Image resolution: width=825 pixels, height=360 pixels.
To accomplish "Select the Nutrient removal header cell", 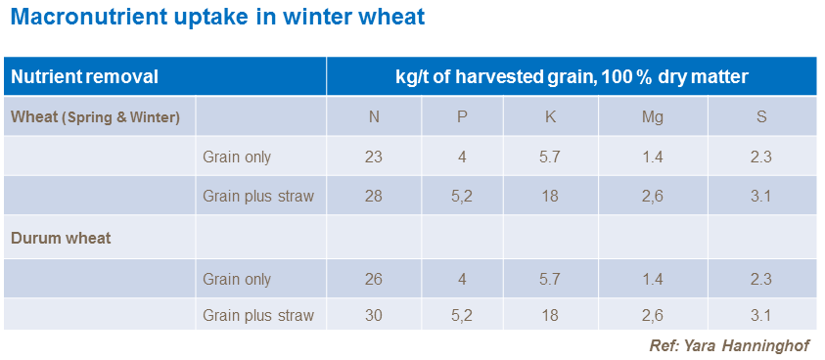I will (84, 76).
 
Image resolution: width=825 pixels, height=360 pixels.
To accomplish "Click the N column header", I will (374, 117).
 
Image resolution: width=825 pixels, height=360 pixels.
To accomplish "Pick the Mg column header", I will (653, 117).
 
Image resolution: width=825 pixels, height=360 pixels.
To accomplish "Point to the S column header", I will (761, 117).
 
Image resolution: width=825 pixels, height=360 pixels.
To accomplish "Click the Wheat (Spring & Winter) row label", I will (95, 117).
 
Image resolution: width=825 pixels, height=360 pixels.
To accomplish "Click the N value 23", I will (374, 157).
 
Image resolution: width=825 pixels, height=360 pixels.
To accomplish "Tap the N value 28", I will (374, 197).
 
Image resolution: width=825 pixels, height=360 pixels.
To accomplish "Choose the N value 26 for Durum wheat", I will (374, 279).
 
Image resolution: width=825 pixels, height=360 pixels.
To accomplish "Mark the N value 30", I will (374, 315).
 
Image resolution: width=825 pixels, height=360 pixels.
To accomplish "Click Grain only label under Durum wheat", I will (237, 279).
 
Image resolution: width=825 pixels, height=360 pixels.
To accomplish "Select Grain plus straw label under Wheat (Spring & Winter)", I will (258, 197).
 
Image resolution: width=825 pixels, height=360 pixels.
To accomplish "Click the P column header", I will (463, 117).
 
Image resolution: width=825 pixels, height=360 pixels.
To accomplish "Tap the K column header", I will (550, 117).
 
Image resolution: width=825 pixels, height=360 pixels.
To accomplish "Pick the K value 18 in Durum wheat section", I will (550, 315).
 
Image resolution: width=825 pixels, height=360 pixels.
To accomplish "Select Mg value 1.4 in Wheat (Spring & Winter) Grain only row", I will (653, 157).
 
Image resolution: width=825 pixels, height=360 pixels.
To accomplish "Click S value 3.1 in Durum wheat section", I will (761, 315).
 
